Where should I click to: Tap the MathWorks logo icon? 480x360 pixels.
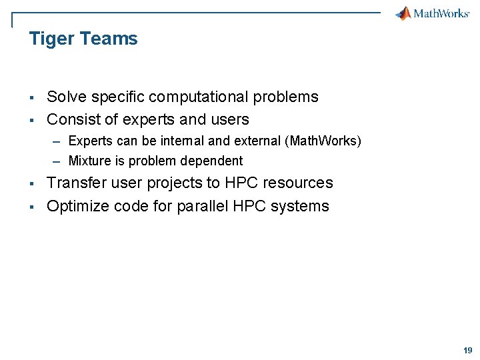[403, 13]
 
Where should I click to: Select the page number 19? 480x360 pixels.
[467, 351]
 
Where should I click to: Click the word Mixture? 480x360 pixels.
[89, 161]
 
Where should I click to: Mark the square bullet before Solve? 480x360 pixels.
[31, 98]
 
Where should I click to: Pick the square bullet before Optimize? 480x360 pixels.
[31, 207]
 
